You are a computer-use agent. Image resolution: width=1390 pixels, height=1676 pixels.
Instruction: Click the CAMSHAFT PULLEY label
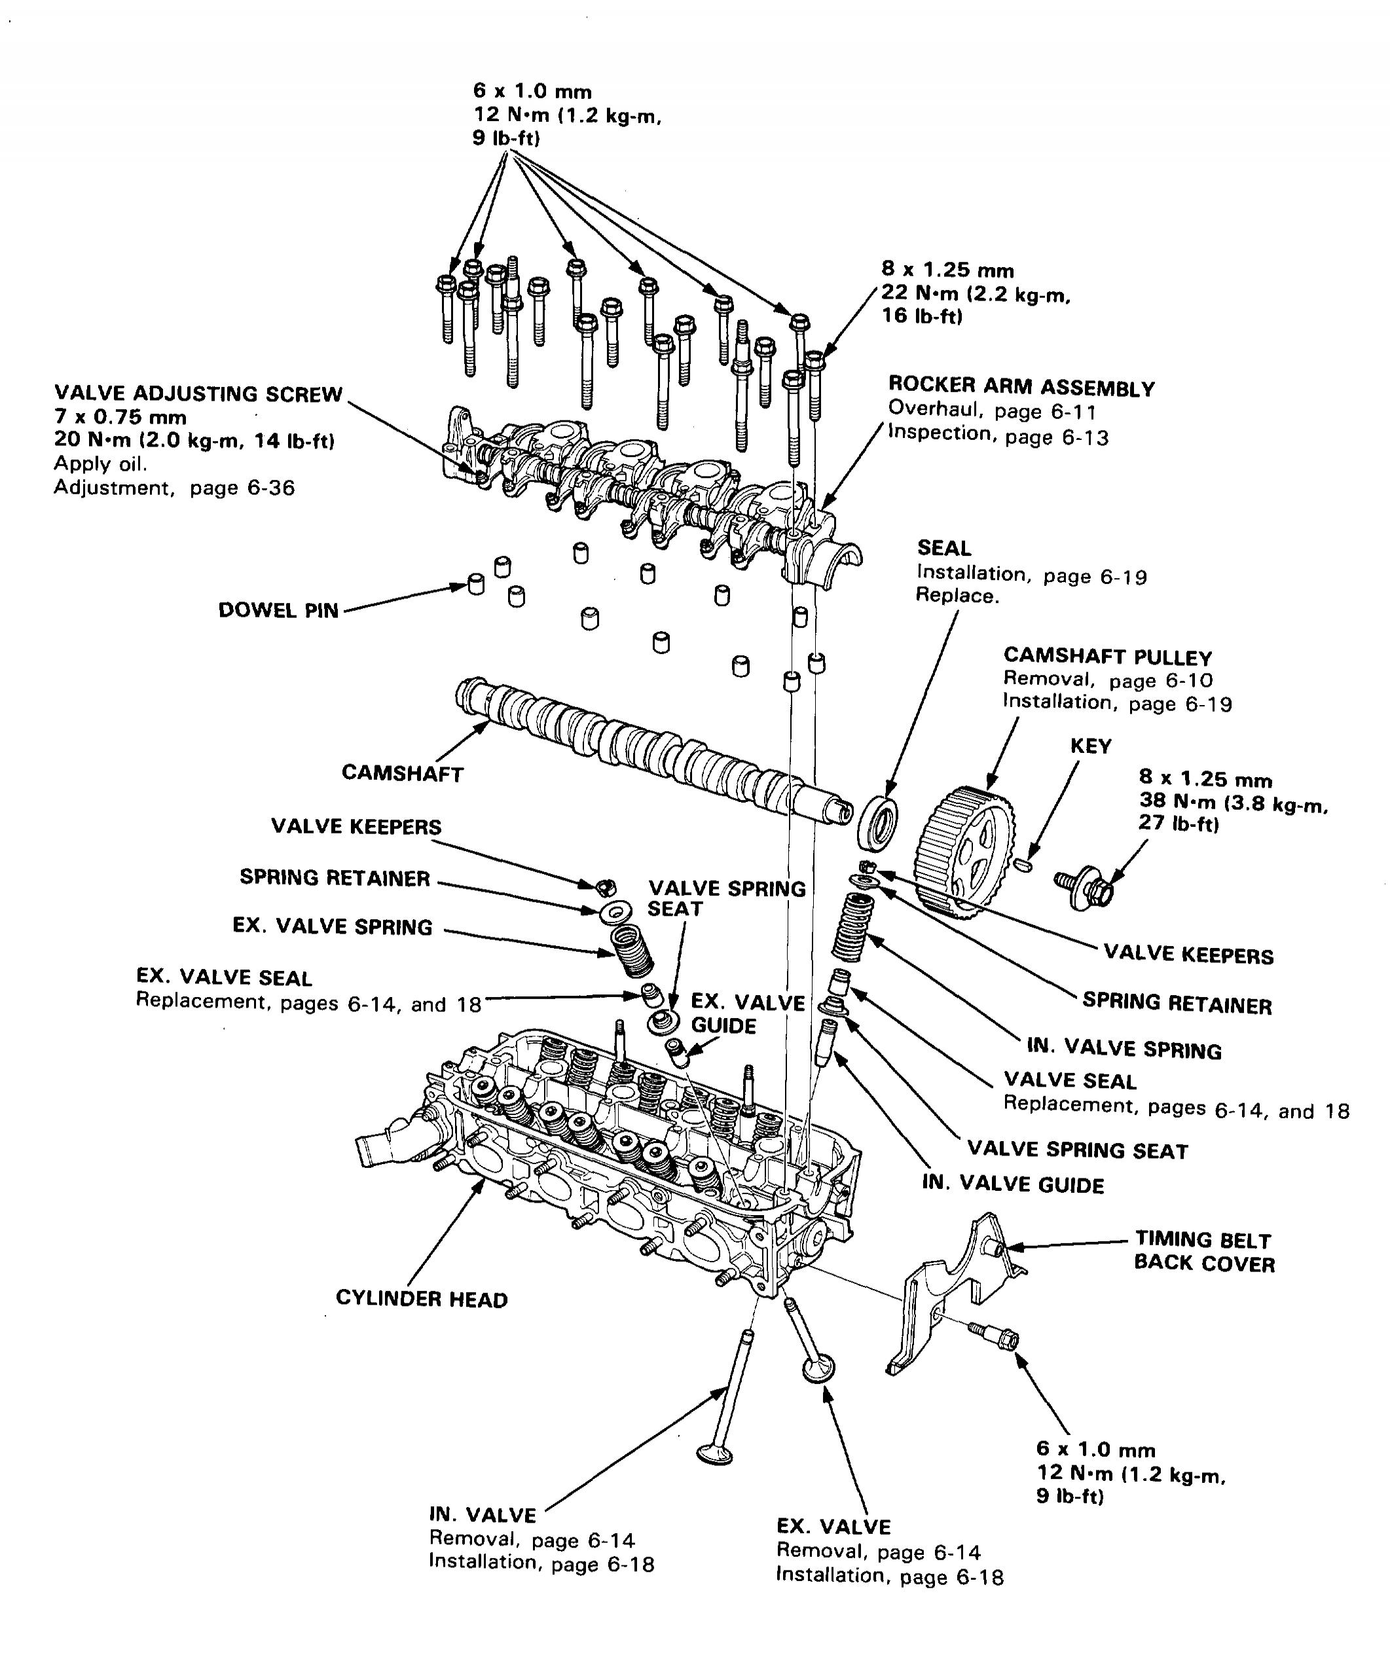1108,657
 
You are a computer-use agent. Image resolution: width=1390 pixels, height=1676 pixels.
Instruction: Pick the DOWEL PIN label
278,611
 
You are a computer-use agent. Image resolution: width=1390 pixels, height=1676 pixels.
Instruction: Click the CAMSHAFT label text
402,773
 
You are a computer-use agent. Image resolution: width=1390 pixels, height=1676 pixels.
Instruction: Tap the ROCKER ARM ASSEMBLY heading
1021,388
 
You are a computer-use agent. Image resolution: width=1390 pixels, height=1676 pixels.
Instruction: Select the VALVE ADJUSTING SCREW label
198,393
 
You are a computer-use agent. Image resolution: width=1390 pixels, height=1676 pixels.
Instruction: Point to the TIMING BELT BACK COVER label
1203,1251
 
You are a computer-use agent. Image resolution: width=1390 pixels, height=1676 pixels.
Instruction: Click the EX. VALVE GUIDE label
747,1013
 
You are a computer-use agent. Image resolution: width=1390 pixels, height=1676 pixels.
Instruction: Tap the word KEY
1090,746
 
